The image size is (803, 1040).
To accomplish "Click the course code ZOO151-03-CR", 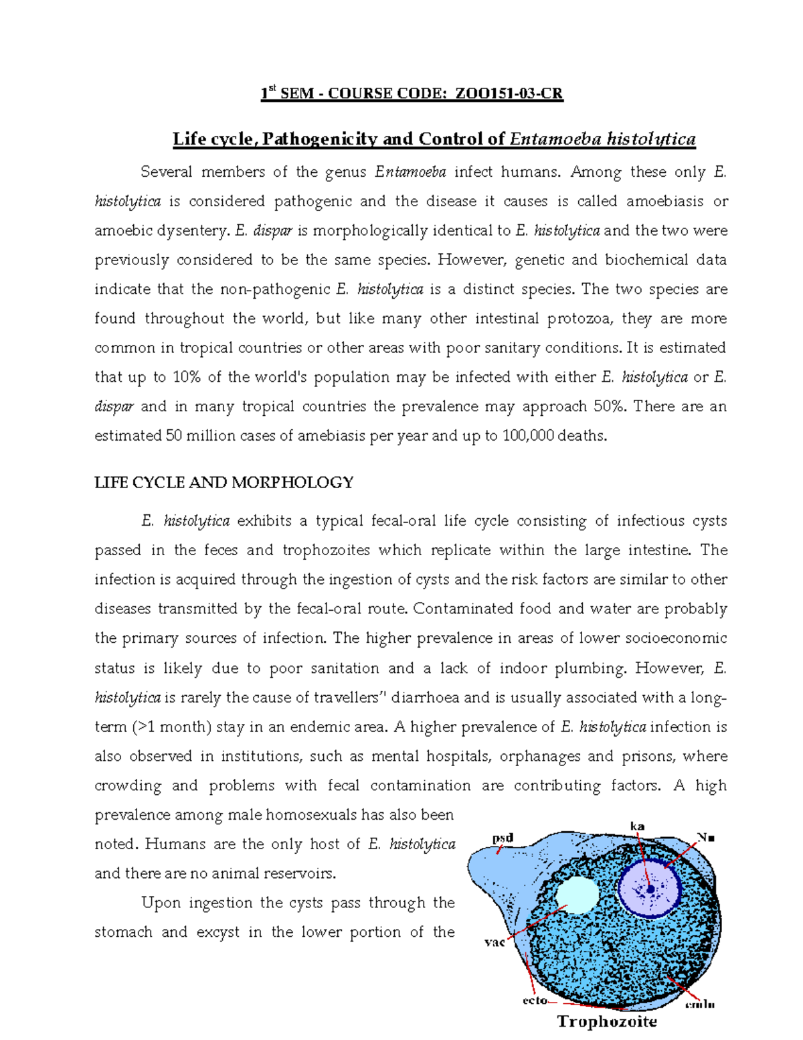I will tap(509, 94).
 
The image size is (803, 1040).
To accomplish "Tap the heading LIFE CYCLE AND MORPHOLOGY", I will tap(224, 482).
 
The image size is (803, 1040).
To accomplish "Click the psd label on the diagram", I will tap(503, 838).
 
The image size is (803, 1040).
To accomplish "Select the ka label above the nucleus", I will tap(637, 826).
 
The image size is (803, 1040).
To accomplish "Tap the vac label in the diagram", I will tap(494, 943).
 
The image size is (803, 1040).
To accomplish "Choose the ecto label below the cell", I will tap(535, 1000).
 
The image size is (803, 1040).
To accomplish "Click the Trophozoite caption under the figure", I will tap(607, 1021).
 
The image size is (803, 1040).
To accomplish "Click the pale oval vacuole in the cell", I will tap(576, 896).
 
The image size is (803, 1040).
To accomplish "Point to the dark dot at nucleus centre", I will tap(650, 889).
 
